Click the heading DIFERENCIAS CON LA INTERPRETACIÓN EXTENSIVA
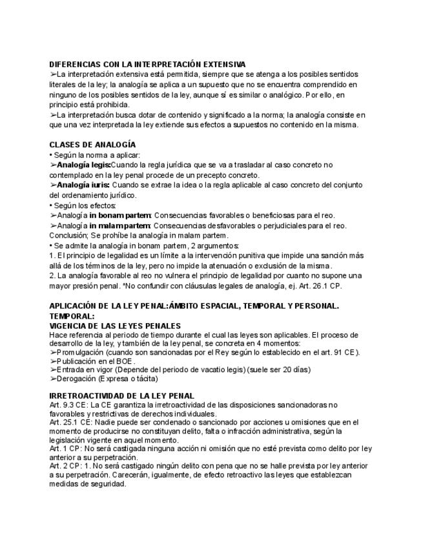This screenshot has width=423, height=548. pos(147,65)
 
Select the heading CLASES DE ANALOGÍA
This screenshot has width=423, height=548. pos(92,145)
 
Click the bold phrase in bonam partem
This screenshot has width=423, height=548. pos(120,215)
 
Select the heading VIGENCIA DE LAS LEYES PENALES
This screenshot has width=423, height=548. pos(115,326)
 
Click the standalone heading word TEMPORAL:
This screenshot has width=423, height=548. pos(72,316)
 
